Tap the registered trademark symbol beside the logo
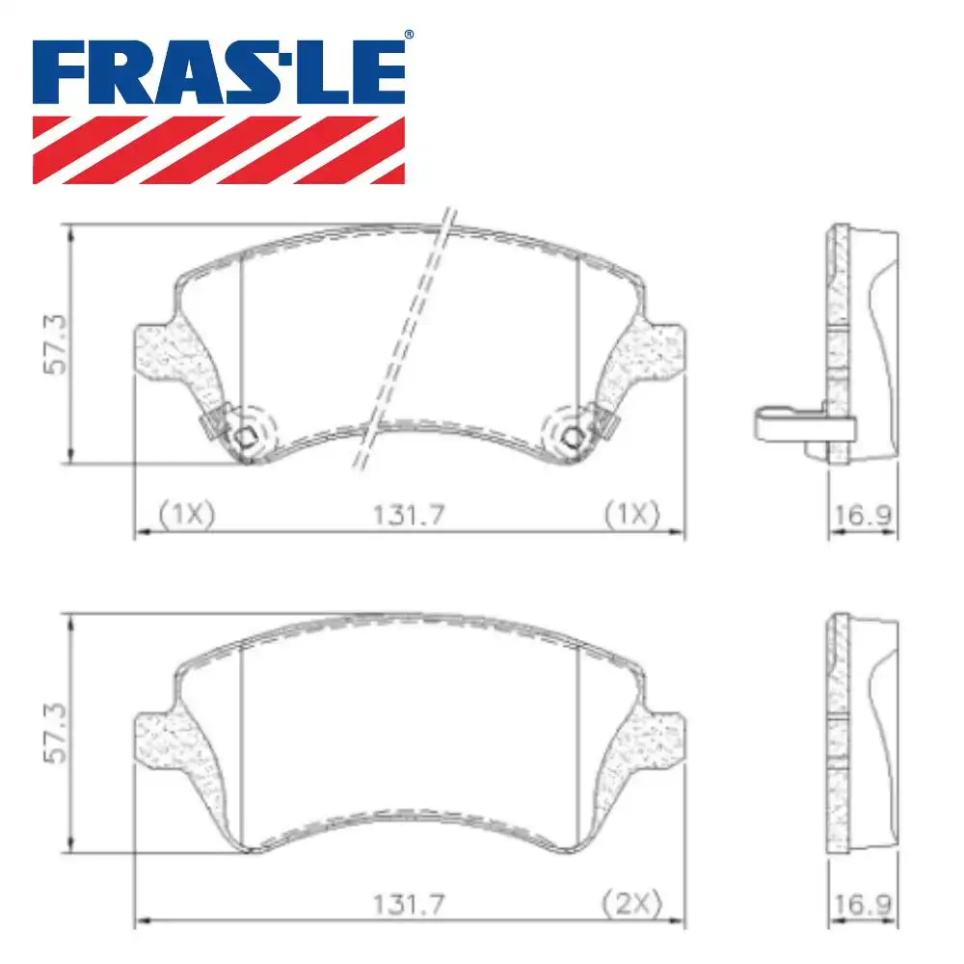409,36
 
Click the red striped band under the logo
219,150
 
